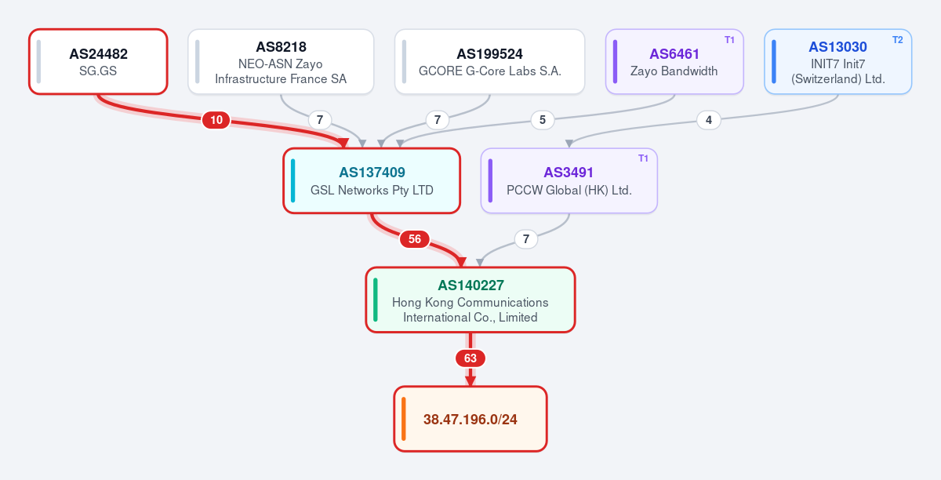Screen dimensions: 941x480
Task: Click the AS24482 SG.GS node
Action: click(x=98, y=62)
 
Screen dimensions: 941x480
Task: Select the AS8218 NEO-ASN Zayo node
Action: click(x=281, y=62)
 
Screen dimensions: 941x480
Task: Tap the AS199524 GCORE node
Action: click(x=490, y=62)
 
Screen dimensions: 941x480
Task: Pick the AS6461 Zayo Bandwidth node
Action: click(x=674, y=62)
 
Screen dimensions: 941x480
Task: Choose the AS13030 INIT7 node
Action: click(x=838, y=62)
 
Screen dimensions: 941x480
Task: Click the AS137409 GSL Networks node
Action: click(x=372, y=180)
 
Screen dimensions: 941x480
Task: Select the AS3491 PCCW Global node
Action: click(x=569, y=180)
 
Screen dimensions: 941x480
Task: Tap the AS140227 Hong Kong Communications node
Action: click(x=470, y=300)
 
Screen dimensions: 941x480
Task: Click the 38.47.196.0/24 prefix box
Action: click(x=470, y=419)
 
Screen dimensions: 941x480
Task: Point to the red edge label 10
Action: click(x=216, y=120)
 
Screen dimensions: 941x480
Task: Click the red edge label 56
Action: click(x=415, y=239)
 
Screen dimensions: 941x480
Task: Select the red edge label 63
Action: click(x=470, y=358)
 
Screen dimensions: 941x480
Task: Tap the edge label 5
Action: click(x=543, y=120)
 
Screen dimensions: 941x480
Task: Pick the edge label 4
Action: click(x=709, y=120)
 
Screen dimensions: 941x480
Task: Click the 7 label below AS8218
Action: click(x=320, y=120)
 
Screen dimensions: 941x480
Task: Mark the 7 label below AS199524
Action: click(x=438, y=120)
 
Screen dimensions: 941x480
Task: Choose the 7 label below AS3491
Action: click(x=526, y=239)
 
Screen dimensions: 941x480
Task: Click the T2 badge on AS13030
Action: click(x=897, y=40)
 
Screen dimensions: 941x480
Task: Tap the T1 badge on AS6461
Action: click(x=729, y=40)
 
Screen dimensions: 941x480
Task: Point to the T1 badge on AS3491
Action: click(x=643, y=158)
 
